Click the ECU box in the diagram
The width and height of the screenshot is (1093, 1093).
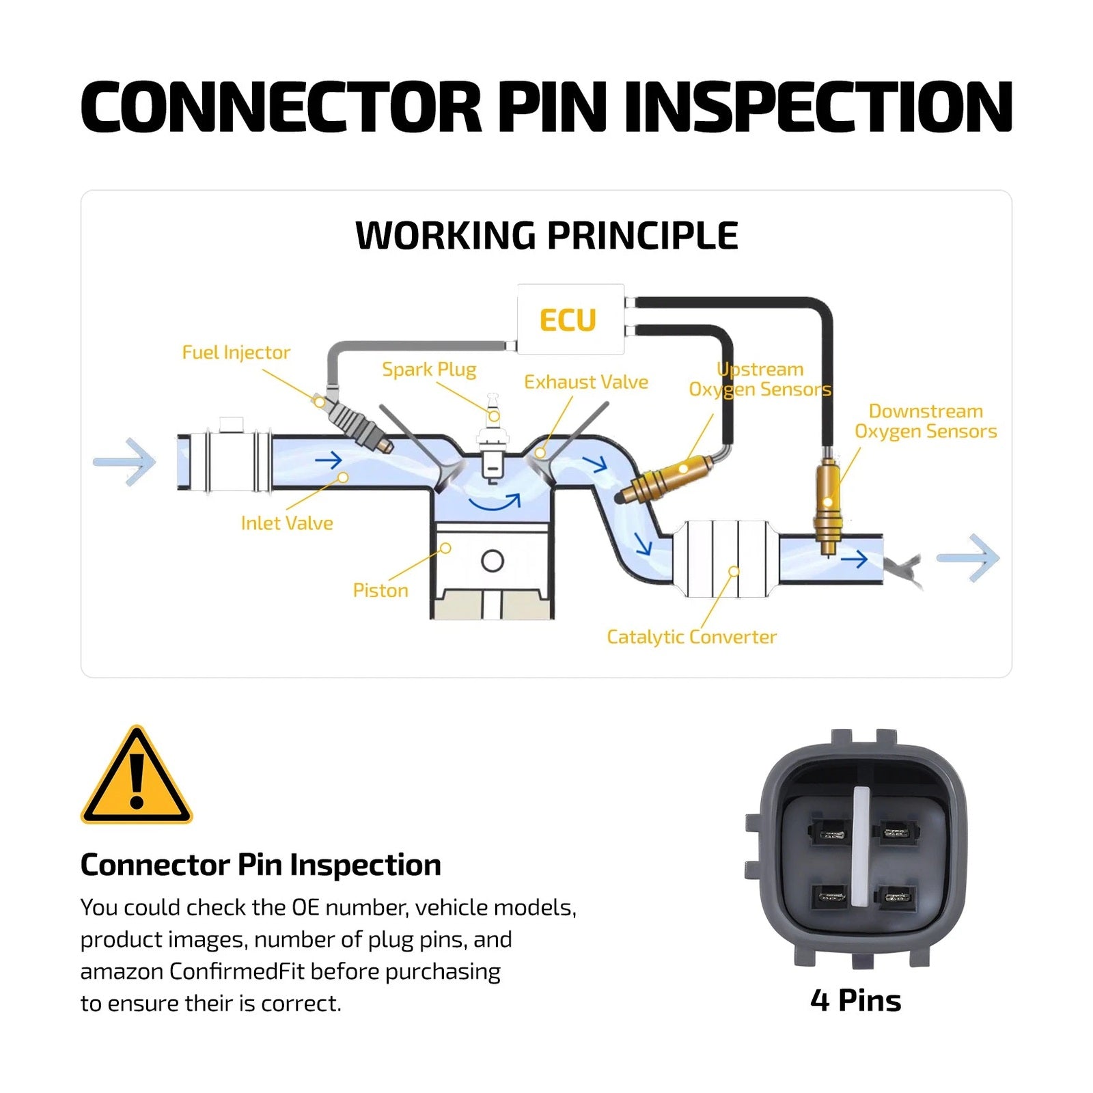pyautogui.click(x=570, y=319)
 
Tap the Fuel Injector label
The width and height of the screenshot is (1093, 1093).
pyautogui.click(x=236, y=352)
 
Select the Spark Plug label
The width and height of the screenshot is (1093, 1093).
pyautogui.click(x=429, y=370)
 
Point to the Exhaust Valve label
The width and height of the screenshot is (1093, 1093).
pyautogui.click(x=586, y=382)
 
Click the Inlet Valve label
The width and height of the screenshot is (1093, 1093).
pyautogui.click(x=287, y=523)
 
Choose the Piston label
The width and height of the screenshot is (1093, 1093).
pyautogui.click(x=381, y=590)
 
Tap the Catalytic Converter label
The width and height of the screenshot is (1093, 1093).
pyautogui.click(x=691, y=637)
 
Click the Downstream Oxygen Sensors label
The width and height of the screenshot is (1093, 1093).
pyautogui.click(x=926, y=421)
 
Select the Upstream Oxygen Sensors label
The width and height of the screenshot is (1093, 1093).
pyautogui.click(x=760, y=379)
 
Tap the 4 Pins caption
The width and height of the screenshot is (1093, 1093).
pyautogui.click(x=856, y=1001)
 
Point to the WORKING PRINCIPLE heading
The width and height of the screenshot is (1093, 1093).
pyautogui.click(x=546, y=236)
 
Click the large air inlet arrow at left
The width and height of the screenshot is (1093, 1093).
pyautogui.click(x=125, y=462)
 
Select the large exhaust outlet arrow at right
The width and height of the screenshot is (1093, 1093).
pyautogui.click(x=968, y=558)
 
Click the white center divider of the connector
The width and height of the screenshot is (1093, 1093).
pyautogui.click(x=861, y=847)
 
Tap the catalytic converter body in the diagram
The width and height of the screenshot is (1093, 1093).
pyautogui.click(x=725, y=558)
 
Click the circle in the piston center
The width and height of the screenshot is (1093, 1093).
pyautogui.click(x=493, y=561)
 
